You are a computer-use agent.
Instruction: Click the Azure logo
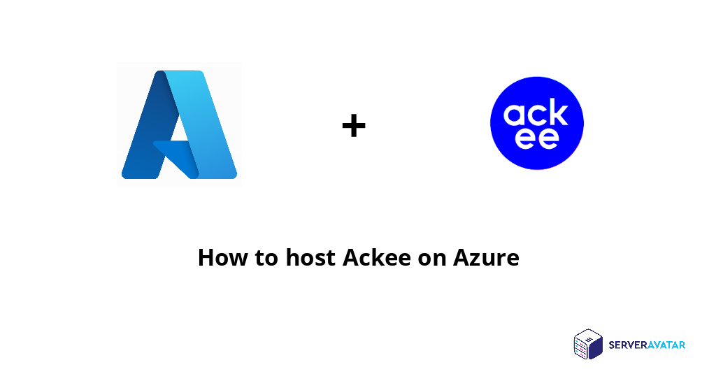click(x=179, y=124)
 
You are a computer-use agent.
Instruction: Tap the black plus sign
click(x=354, y=126)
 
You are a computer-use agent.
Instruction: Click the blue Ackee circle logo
click(x=537, y=123)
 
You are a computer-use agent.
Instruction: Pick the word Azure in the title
click(x=486, y=257)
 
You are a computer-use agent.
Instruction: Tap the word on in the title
click(x=432, y=259)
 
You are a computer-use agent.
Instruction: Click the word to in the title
click(x=266, y=258)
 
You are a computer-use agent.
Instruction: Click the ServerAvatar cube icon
click(x=588, y=344)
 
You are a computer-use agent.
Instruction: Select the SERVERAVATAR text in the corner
click(x=647, y=345)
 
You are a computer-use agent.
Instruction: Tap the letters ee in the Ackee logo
click(x=537, y=137)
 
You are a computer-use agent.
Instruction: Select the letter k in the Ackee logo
click(x=558, y=112)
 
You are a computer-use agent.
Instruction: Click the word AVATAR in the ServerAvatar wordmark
click(x=665, y=345)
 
